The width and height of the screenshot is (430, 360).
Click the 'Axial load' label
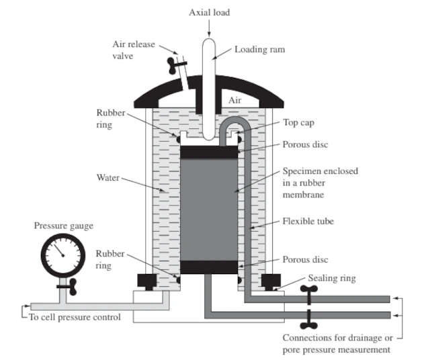209,12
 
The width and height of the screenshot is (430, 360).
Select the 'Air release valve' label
133,50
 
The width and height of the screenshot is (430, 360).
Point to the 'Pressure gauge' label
64,226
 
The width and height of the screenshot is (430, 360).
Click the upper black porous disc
210,151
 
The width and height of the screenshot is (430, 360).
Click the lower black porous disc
210,267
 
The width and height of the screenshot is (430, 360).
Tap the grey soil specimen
210,208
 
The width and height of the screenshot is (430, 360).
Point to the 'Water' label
109,178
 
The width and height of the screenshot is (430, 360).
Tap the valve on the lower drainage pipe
308,316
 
